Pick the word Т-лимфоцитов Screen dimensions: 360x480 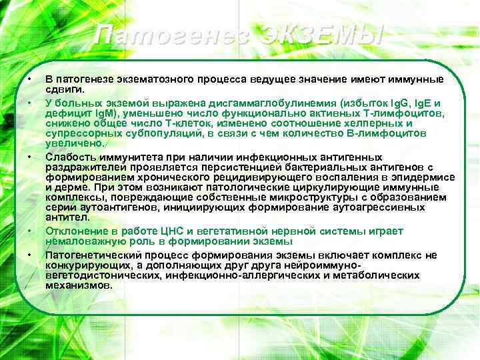411,114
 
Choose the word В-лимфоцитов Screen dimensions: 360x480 400,133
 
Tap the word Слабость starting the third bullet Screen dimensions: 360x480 66,156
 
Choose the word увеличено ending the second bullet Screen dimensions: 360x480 74,143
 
